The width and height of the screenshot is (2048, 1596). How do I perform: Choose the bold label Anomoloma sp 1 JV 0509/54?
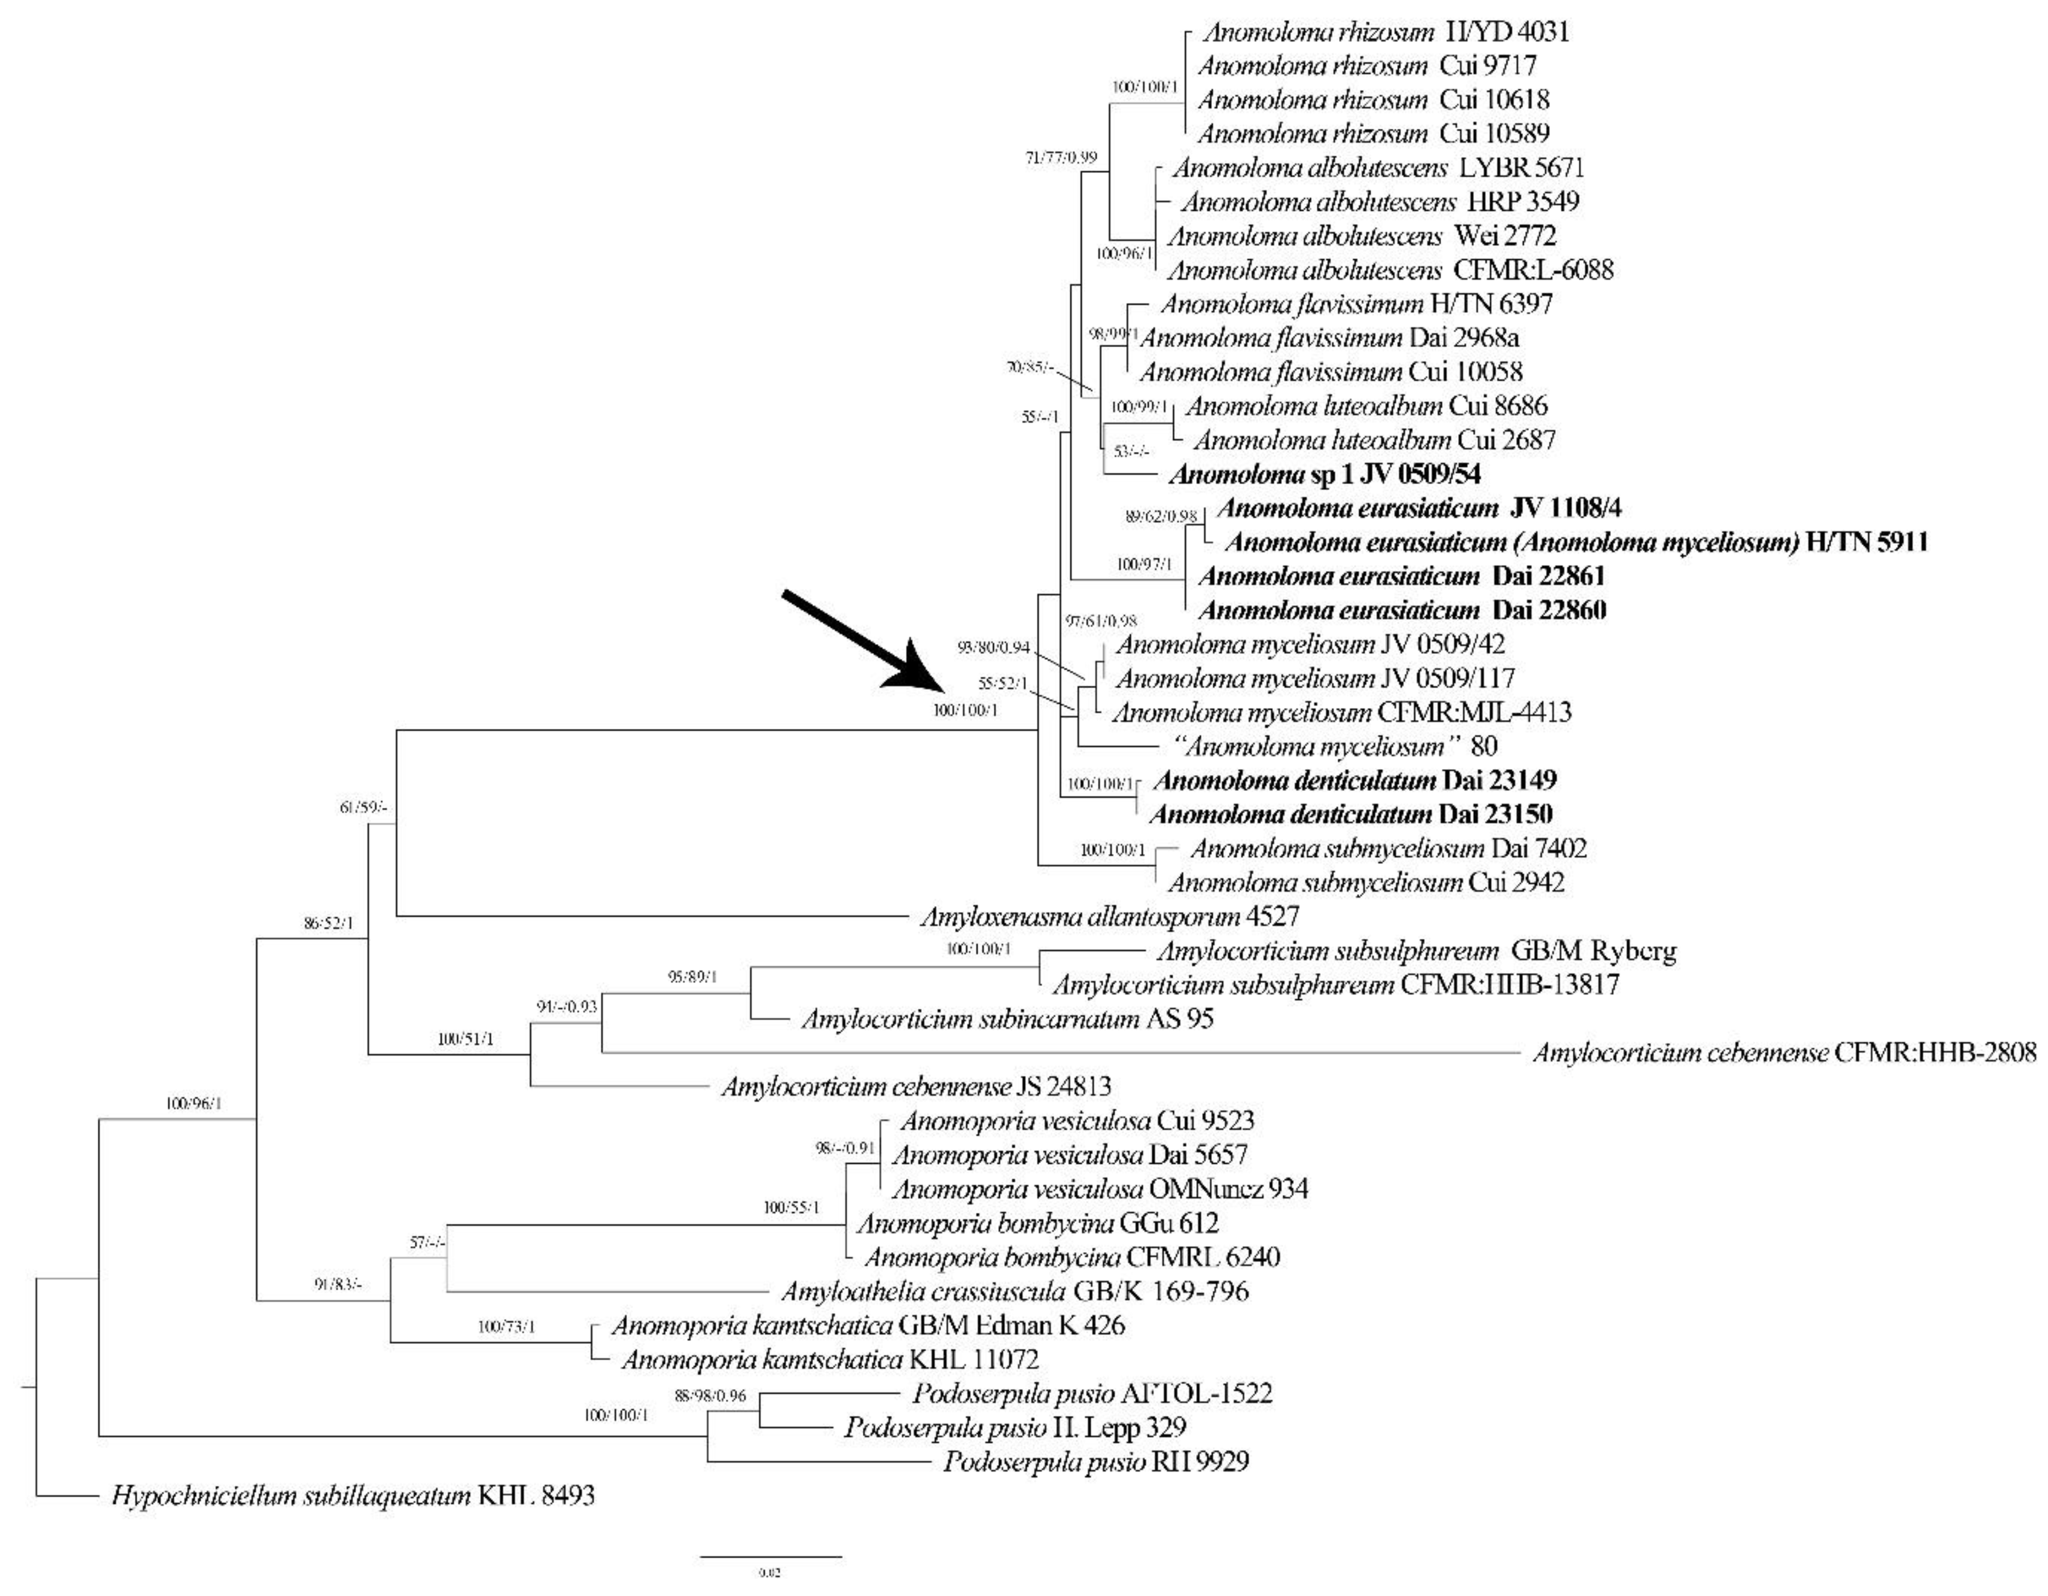click(x=1324, y=474)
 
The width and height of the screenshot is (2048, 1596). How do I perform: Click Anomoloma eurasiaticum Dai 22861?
click(x=1401, y=576)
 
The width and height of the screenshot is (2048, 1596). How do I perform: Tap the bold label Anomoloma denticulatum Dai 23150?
click(x=1351, y=814)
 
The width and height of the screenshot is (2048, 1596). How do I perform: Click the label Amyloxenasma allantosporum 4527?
click(x=1109, y=916)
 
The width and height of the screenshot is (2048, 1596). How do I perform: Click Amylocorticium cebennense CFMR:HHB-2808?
click(x=1784, y=1053)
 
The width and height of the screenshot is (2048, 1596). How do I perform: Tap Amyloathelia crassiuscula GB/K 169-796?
click(x=1014, y=1291)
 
